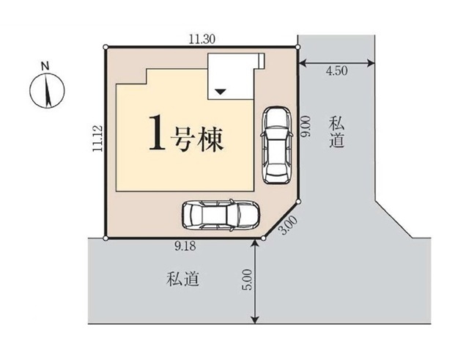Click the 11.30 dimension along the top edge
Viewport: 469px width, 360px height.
tap(202, 39)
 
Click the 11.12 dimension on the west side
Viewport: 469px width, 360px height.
tap(97, 138)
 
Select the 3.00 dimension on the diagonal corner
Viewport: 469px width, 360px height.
tap(288, 225)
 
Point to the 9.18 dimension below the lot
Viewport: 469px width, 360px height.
tap(185, 246)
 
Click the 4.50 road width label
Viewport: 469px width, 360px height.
tap(337, 71)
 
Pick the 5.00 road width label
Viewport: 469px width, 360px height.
tap(248, 280)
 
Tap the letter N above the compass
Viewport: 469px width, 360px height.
tap(45, 66)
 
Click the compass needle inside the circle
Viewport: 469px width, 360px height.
tap(47, 91)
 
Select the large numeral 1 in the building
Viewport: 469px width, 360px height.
tap(157, 133)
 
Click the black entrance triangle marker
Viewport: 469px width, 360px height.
tap(221, 92)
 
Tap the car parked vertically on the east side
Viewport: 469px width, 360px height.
tap(276, 145)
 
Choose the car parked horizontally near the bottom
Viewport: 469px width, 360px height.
tap(221, 215)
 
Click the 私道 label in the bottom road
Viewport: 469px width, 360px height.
tap(182, 279)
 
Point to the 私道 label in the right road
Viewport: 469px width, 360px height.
tap(336, 132)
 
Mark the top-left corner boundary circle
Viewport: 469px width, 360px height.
tap(106, 47)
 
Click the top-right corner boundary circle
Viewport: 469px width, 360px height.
tap(298, 47)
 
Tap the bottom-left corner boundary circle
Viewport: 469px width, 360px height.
tap(106, 238)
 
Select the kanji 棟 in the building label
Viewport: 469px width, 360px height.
tap(210, 139)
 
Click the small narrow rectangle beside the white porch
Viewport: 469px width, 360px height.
tap(261, 61)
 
